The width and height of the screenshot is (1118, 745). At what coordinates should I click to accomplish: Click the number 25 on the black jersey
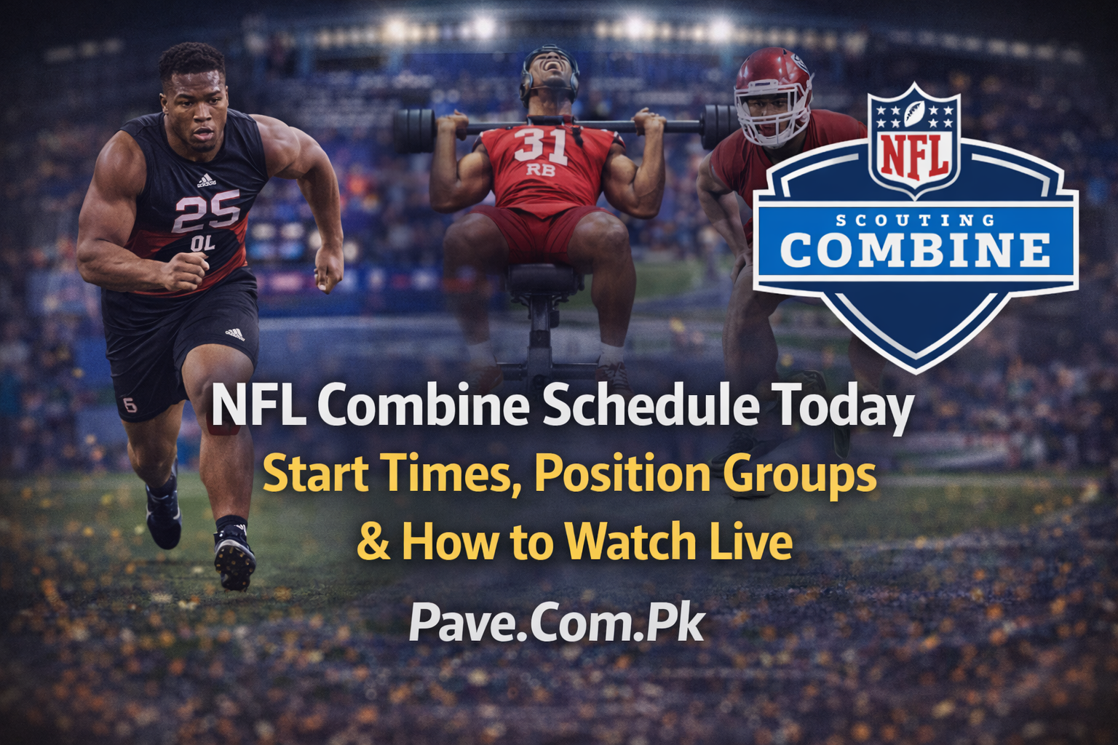[207, 212]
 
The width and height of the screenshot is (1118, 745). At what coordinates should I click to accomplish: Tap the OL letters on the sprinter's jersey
[203, 244]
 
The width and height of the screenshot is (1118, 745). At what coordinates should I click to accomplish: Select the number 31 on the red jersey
[540, 145]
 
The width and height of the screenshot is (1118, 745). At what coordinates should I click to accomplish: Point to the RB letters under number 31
[540, 170]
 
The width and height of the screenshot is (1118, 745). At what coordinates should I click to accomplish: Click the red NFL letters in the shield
[914, 155]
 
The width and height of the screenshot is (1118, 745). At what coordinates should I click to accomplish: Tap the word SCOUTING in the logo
[915, 220]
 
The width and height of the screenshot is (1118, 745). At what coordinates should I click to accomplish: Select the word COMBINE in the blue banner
[915, 250]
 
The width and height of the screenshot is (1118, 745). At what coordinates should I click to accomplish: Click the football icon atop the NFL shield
[914, 112]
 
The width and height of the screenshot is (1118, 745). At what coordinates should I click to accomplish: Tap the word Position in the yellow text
[622, 474]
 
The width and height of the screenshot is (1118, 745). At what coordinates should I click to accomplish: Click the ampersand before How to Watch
[373, 543]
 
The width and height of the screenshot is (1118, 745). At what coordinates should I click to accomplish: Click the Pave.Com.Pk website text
[557, 624]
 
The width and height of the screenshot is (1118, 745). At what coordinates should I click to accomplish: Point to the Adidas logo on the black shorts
[234, 334]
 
